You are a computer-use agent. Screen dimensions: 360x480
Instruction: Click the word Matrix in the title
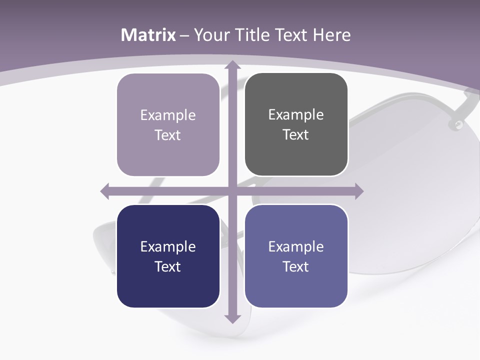click(x=148, y=35)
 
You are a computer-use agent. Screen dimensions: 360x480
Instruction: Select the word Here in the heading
click(x=331, y=35)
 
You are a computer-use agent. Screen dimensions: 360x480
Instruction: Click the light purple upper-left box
click(x=168, y=125)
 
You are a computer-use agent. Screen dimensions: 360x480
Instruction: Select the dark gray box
click(x=296, y=124)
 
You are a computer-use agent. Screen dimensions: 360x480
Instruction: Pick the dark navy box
click(x=168, y=256)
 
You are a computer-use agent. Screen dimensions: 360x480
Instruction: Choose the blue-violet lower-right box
click(x=296, y=256)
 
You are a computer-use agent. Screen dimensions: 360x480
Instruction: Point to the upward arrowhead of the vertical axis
click(x=232, y=64)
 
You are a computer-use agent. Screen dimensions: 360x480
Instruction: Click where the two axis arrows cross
click(x=232, y=191)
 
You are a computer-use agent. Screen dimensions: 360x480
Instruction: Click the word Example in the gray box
click(x=296, y=115)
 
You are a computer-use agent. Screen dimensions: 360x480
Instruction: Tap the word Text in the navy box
click(x=168, y=266)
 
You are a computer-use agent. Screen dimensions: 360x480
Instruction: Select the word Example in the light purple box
click(x=168, y=115)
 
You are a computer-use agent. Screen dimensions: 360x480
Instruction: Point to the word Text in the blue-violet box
click(x=296, y=266)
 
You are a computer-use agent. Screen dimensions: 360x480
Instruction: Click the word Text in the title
click(x=289, y=35)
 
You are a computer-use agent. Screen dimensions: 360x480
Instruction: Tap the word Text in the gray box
click(x=296, y=134)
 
